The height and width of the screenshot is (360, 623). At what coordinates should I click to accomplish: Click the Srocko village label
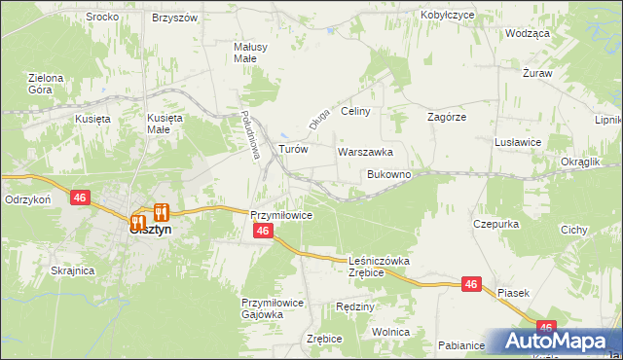[102, 17]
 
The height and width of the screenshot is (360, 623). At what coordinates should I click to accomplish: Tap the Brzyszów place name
[175, 18]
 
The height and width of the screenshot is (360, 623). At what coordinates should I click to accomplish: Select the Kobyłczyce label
[447, 16]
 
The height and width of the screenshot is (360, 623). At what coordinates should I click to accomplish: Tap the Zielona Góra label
[46, 84]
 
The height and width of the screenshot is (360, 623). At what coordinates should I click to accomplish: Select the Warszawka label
[365, 153]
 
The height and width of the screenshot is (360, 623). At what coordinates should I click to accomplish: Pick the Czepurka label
[496, 223]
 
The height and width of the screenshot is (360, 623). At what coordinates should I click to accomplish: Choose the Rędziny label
[354, 306]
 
